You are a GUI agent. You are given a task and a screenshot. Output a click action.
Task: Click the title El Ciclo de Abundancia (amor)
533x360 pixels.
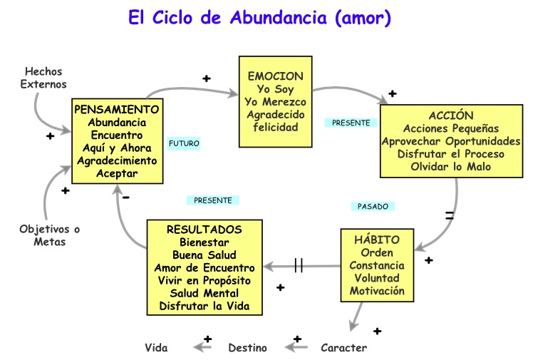(x=259, y=18)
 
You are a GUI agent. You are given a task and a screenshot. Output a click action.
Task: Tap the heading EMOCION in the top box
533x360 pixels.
(x=274, y=76)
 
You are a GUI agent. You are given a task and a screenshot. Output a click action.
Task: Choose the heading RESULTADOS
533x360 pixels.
(x=204, y=229)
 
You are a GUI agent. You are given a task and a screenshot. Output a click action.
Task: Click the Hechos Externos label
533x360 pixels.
(x=45, y=78)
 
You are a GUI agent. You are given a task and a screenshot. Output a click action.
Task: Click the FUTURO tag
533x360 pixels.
(x=184, y=143)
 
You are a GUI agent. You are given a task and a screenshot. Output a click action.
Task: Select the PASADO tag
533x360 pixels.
(x=373, y=206)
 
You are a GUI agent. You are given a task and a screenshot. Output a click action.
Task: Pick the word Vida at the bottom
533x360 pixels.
(x=156, y=348)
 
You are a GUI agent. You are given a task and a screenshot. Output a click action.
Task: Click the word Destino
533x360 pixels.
(x=247, y=348)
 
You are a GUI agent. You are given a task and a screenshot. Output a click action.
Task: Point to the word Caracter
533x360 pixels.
(x=344, y=348)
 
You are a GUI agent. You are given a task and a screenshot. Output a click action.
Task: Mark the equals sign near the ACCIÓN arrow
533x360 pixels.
(x=450, y=214)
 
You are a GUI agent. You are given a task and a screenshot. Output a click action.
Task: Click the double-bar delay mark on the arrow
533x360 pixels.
(x=299, y=265)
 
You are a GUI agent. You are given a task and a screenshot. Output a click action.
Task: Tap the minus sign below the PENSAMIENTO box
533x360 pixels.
(x=125, y=197)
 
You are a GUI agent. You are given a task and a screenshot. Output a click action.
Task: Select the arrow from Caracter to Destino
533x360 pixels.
(x=296, y=348)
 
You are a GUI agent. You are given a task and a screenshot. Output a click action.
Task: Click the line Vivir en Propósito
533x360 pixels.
(x=204, y=280)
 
